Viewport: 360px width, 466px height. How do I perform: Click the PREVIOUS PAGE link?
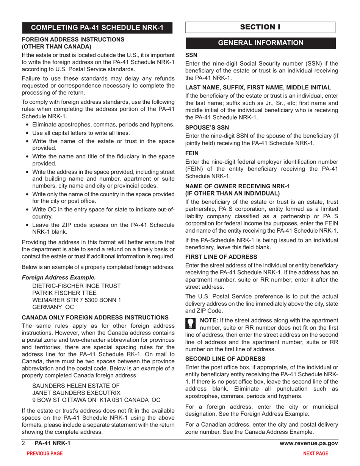coord(42,453)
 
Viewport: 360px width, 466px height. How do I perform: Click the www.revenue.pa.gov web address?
coord(308,443)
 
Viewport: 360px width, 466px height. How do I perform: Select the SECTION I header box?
coord(260,27)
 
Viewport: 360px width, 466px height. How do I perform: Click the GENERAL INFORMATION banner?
coord(260,43)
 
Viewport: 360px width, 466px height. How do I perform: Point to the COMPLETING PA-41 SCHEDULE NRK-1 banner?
coord(97,28)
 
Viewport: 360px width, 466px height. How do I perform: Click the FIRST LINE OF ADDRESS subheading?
coord(221,256)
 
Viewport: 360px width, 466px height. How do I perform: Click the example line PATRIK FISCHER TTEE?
coord(64,293)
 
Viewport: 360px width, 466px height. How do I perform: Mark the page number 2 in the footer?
coord(23,443)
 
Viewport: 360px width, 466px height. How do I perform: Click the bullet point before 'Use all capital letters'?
coord(27,133)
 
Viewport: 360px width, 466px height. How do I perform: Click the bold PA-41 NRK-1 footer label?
coord(52,443)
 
